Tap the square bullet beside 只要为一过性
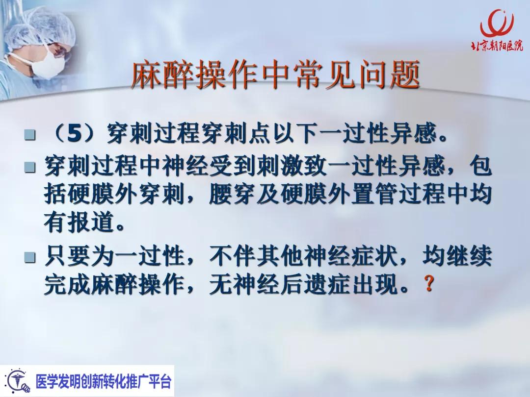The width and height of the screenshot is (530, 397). [x=30, y=257]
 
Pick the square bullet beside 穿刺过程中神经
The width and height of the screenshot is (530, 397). [x=30, y=168]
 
